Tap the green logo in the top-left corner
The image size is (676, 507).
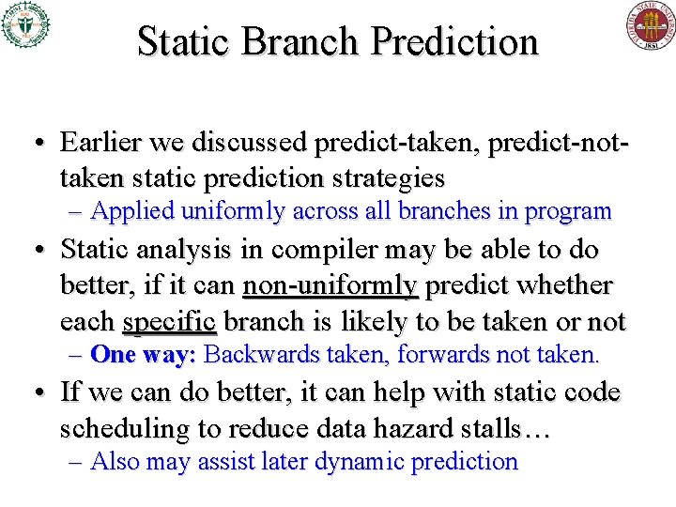click(x=25, y=24)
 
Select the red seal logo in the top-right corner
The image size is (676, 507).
click(x=651, y=25)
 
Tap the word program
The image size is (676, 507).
click(x=568, y=212)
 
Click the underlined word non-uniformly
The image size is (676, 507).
click(x=330, y=285)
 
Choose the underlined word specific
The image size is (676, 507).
click(x=169, y=321)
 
